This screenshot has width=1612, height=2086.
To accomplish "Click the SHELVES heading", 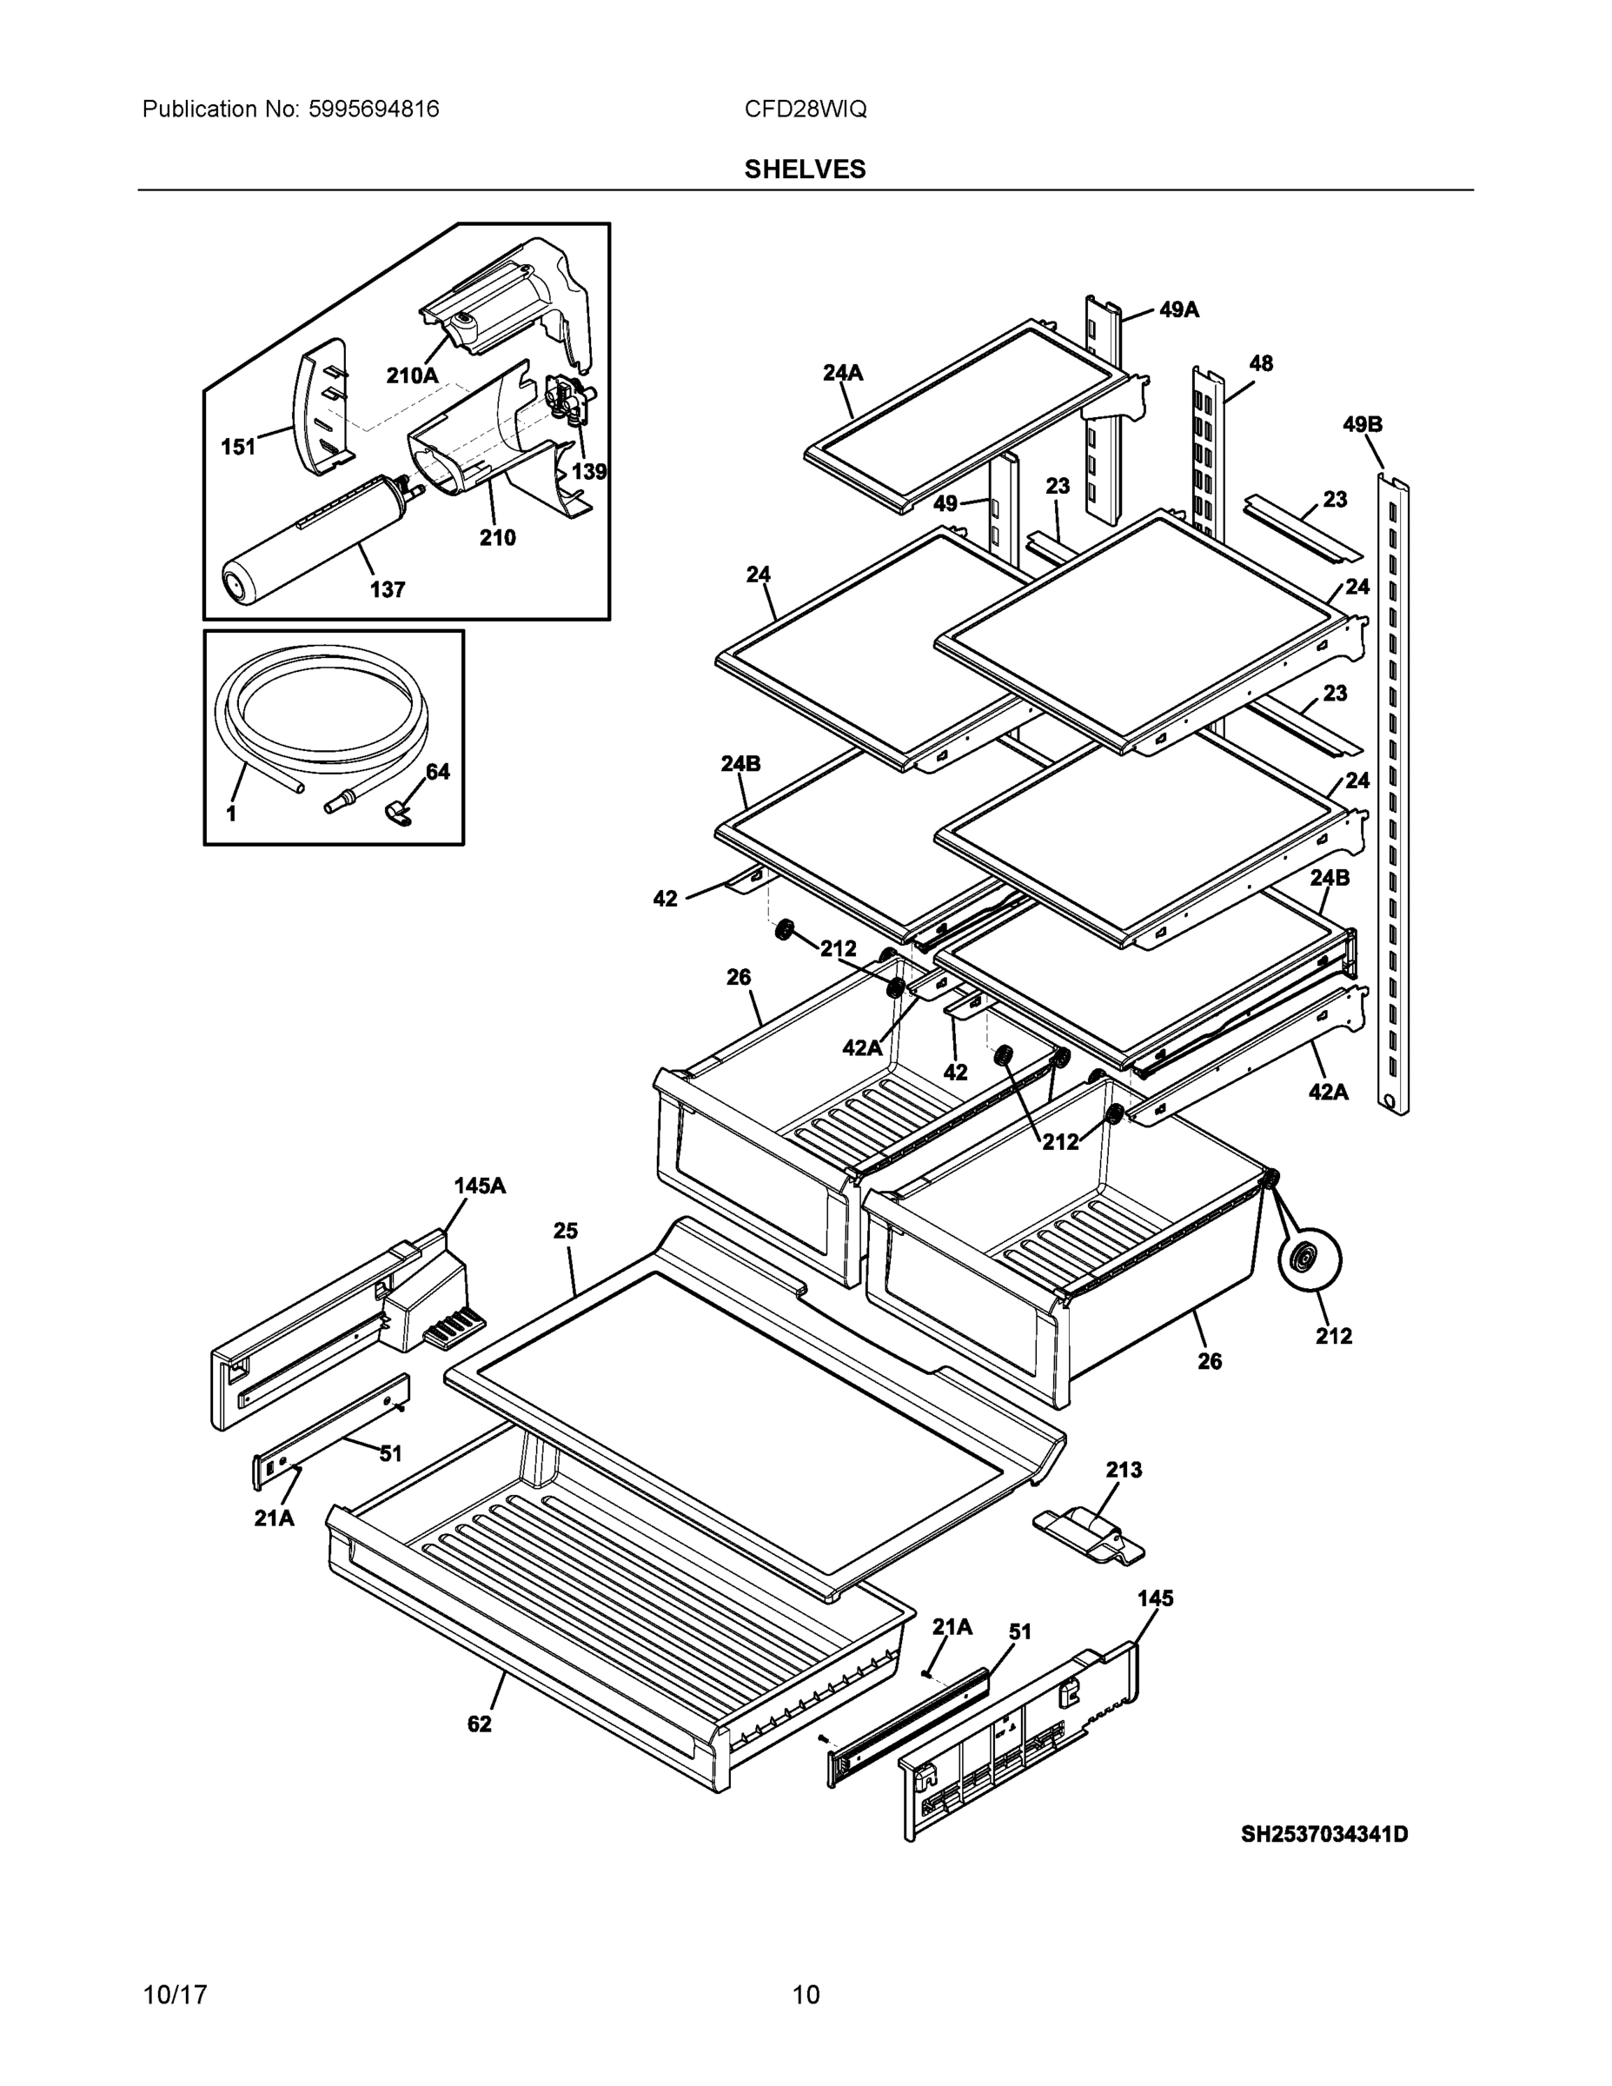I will tap(805, 169).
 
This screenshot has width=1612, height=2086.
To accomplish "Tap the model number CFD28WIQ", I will tap(805, 109).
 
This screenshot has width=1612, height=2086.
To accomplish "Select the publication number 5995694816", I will tap(374, 109).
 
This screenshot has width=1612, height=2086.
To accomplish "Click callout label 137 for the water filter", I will tap(387, 589).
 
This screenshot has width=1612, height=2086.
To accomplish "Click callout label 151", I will tap(239, 446).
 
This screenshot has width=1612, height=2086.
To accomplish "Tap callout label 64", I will tap(437, 771).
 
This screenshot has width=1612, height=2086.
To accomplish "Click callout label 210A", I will tap(412, 375).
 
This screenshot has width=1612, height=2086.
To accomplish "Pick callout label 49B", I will tap(1362, 424).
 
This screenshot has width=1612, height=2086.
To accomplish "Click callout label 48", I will tap(1261, 363).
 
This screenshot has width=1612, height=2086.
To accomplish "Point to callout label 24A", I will tap(842, 373).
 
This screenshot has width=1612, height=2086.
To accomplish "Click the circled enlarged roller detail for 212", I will tap(1309, 1261).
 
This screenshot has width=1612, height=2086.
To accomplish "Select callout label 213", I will tap(1123, 1470).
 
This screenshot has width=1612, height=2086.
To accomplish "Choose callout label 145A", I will tap(480, 1186).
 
